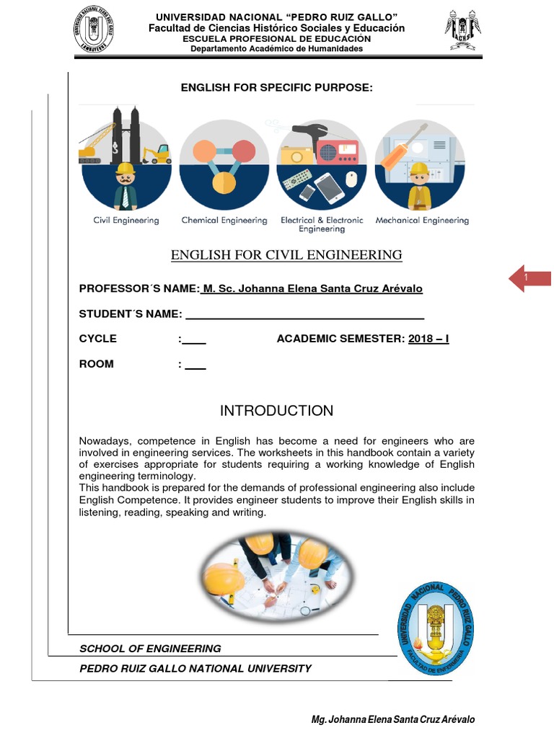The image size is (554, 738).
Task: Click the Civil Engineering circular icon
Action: pyautogui.click(x=126, y=164)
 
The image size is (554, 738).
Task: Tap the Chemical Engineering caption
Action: pyautogui.click(x=224, y=221)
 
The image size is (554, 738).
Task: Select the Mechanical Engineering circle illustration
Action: pyautogui.click(x=420, y=164)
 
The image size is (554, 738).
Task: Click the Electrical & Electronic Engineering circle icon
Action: pyautogui.click(x=322, y=164)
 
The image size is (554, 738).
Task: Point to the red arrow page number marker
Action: pyautogui.click(x=529, y=278)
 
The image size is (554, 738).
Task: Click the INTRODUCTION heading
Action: pyautogui.click(x=276, y=411)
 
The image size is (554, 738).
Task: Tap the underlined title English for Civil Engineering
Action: pyautogui.click(x=286, y=255)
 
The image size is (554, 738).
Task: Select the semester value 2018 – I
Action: pyautogui.click(x=428, y=339)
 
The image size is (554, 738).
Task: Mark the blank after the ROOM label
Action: pyautogui.click(x=195, y=365)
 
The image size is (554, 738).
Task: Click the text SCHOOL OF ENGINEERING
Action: pyautogui.click(x=150, y=649)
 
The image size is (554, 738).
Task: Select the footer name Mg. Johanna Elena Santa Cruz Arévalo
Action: pyautogui.click(x=392, y=720)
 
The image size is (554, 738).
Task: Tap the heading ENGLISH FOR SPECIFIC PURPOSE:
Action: pyautogui.click(x=276, y=88)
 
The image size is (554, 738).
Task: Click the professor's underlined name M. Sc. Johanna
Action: pyautogui.click(x=312, y=289)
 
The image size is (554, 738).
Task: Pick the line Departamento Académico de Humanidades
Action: pyautogui.click(x=276, y=49)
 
